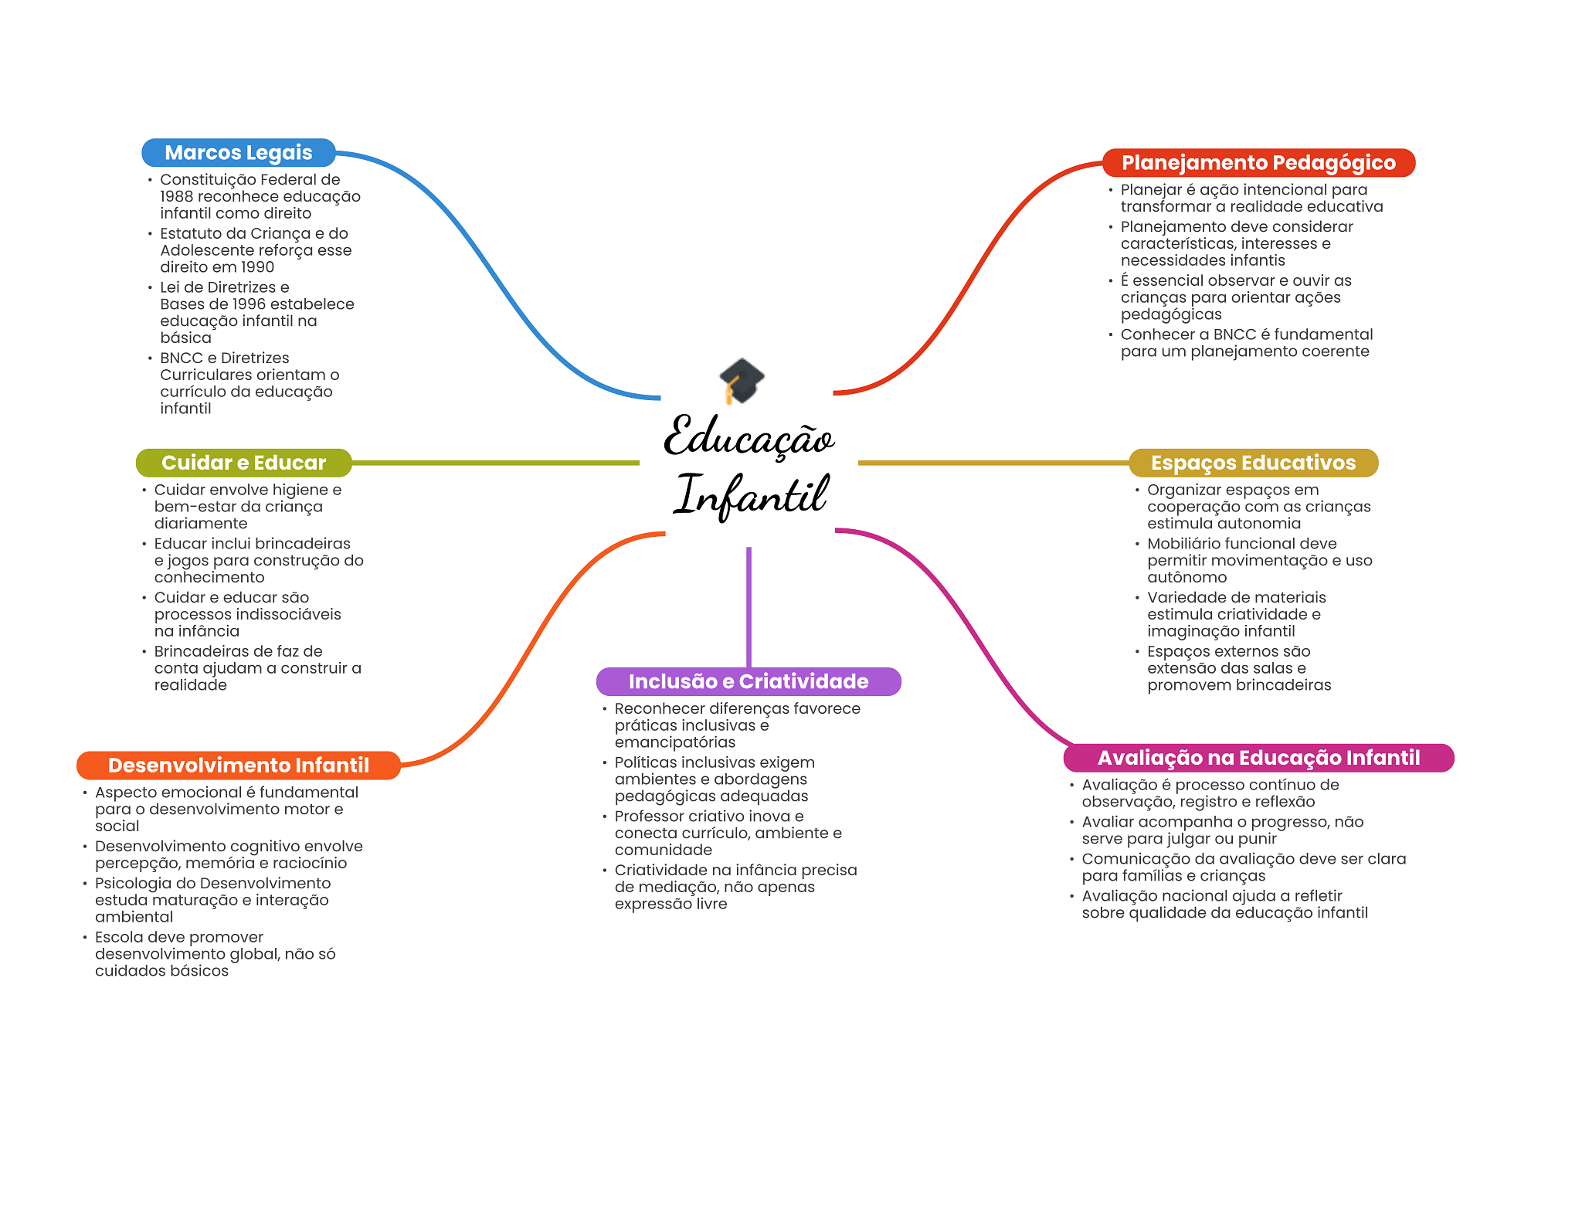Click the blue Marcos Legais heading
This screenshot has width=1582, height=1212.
(x=238, y=153)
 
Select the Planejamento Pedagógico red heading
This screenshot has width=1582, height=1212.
(x=1258, y=163)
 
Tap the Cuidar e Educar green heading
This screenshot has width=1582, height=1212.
(x=243, y=463)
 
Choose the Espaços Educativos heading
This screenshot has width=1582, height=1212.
(x=1253, y=463)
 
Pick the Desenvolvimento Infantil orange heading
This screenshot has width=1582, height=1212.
(x=238, y=766)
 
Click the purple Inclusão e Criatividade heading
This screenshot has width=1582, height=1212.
(x=748, y=681)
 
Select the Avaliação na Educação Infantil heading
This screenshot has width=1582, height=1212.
(x=1258, y=758)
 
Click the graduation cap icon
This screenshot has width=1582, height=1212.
(x=741, y=381)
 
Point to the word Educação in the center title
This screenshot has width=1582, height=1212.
(x=749, y=438)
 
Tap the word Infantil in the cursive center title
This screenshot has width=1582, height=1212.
(x=751, y=495)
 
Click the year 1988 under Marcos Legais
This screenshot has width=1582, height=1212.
(x=176, y=197)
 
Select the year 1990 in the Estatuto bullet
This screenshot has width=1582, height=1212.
(x=257, y=267)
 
